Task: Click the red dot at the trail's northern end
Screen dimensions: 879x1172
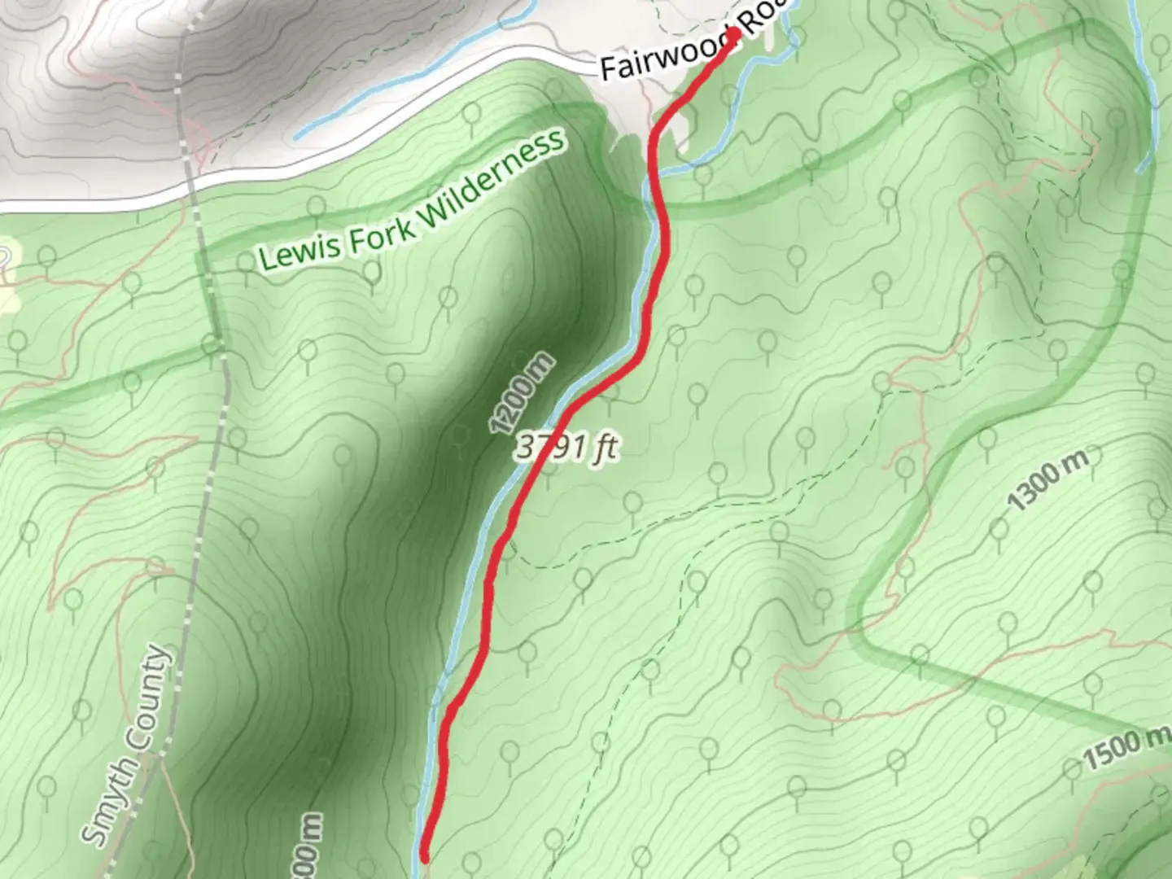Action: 732,34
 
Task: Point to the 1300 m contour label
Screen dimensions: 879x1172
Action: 1047,479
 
